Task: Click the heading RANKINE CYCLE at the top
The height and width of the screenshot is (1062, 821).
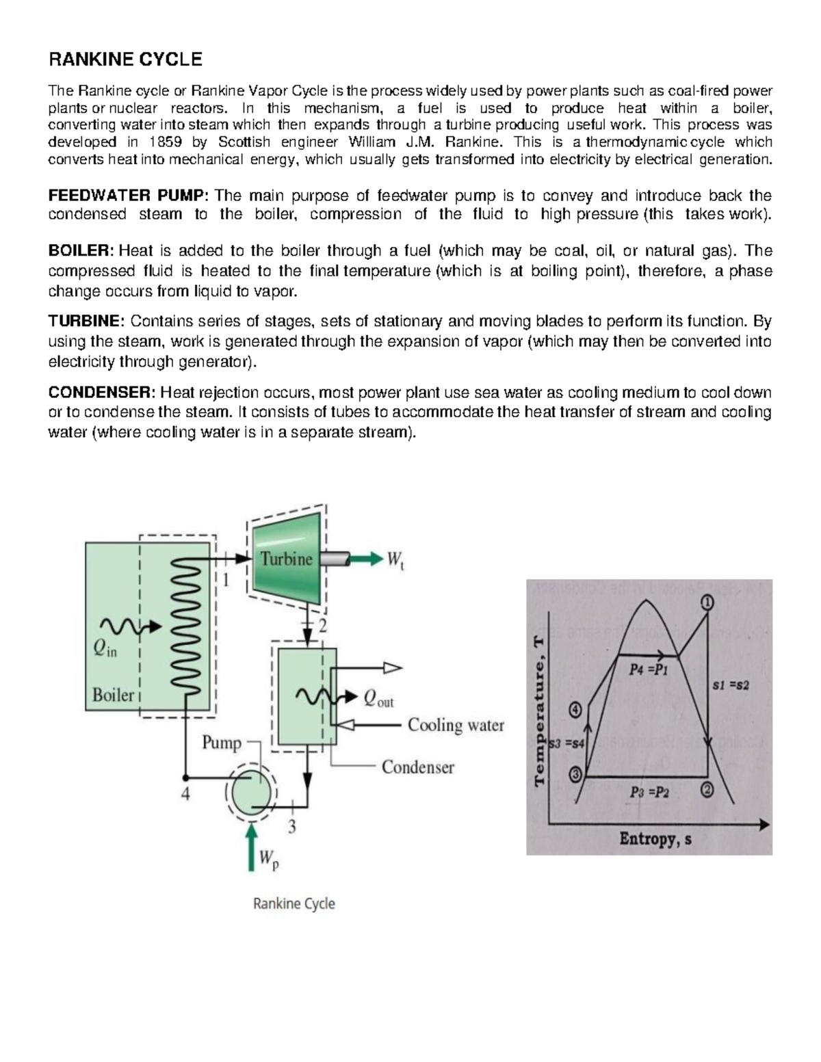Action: pos(125,59)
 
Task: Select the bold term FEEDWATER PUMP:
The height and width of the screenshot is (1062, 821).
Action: pos(127,196)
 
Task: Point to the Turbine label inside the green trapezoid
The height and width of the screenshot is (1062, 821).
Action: pos(286,559)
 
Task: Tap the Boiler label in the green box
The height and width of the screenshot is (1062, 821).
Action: pos(113,695)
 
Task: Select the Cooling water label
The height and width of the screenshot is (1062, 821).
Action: pos(456,725)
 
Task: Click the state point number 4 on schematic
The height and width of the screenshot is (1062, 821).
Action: pos(185,794)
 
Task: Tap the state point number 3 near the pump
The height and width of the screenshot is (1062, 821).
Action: pos(292,827)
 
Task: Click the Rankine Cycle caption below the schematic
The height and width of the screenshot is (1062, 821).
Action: pos(294,903)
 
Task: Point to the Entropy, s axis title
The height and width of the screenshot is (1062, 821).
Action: pos(655,838)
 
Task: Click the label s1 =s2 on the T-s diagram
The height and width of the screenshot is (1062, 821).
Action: pos(730,685)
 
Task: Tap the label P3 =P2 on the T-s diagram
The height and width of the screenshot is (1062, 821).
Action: pos(649,793)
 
